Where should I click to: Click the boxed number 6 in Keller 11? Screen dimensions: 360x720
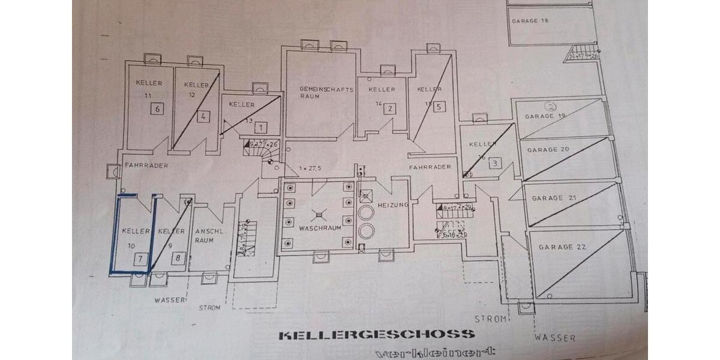(x=157, y=109)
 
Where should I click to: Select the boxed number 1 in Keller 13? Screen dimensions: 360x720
(x=260, y=127)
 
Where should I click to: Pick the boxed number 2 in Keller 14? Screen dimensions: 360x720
(x=390, y=109)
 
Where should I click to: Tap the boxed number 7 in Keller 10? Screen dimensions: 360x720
(x=140, y=259)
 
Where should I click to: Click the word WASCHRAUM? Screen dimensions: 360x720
(x=320, y=228)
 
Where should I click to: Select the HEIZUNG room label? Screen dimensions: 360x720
(x=393, y=205)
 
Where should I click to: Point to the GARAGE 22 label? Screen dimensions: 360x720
(x=562, y=247)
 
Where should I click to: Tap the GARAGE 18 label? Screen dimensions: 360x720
(x=530, y=21)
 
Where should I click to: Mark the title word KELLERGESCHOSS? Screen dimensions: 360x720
(x=376, y=335)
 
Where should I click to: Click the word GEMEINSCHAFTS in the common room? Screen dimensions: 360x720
(x=327, y=89)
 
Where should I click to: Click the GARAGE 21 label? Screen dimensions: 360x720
(x=547, y=198)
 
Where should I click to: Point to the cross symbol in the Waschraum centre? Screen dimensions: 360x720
(x=319, y=212)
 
